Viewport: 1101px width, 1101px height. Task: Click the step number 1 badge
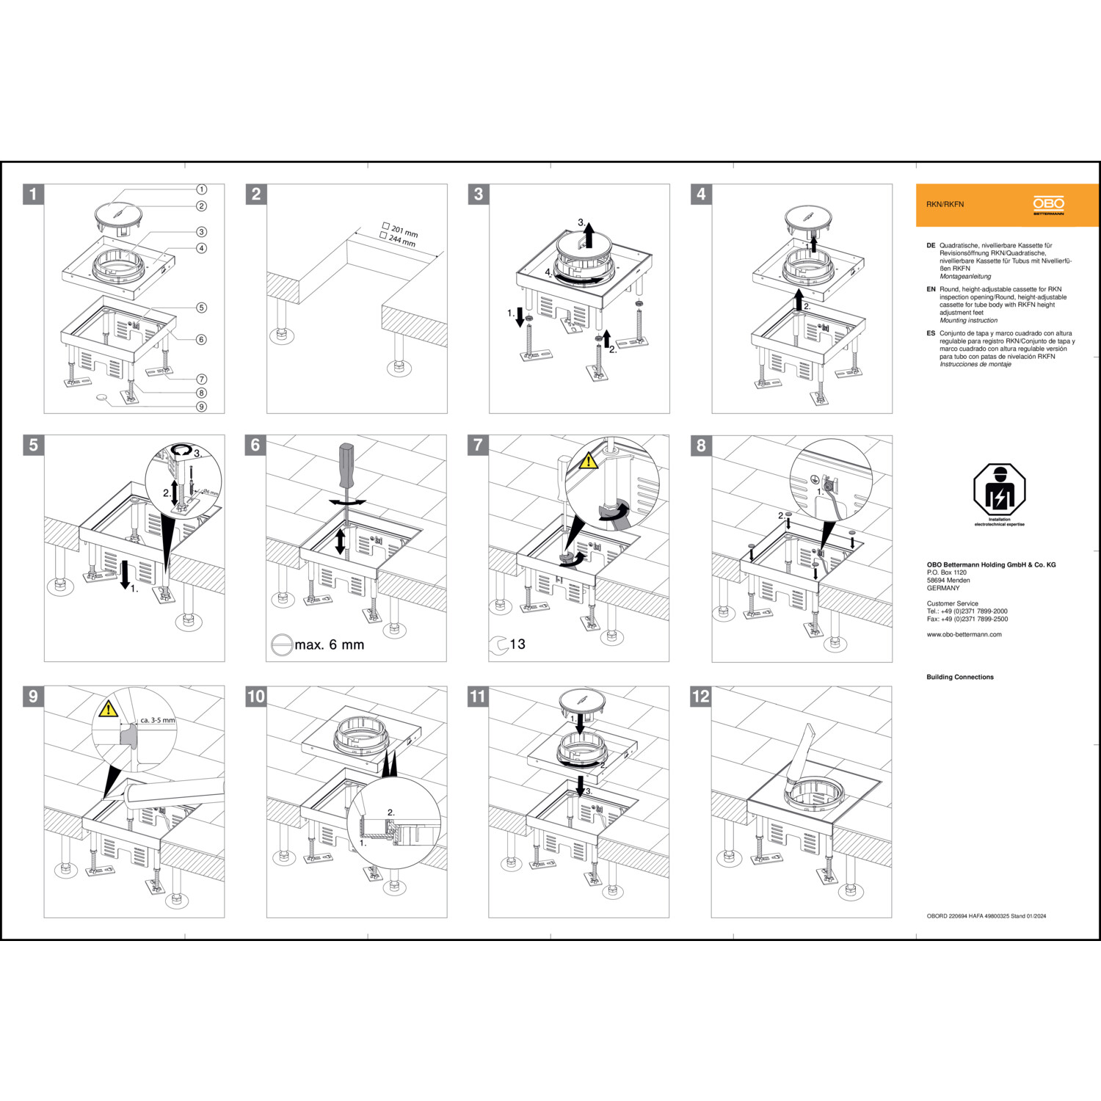[33, 194]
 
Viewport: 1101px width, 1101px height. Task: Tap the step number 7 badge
[478, 445]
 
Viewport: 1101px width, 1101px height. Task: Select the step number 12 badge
[701, 696]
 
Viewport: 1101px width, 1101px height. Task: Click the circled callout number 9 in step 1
[201, 407]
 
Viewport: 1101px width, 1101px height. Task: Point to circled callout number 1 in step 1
[201, 189]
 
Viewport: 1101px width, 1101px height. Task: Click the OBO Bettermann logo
[1048, 206]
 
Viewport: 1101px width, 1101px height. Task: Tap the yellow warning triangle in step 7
[588, 461]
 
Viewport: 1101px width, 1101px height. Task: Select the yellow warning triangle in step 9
[109, 709]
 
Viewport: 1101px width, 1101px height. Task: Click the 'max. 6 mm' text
[330, 644]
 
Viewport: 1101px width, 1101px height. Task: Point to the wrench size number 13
[517, 644]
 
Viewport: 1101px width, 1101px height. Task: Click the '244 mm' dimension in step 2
[401, 240]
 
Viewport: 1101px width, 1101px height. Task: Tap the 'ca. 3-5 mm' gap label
[158, 720]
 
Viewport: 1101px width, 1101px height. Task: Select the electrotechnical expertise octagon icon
[999, 490]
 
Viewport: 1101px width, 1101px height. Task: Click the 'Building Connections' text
[959, 677]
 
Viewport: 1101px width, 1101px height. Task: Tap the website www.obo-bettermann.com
[964, 634]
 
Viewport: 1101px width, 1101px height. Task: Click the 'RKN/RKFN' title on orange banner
[945, 204]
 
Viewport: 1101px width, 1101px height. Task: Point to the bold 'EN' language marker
[931, 289]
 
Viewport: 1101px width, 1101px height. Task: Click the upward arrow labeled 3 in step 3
[588, 236]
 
